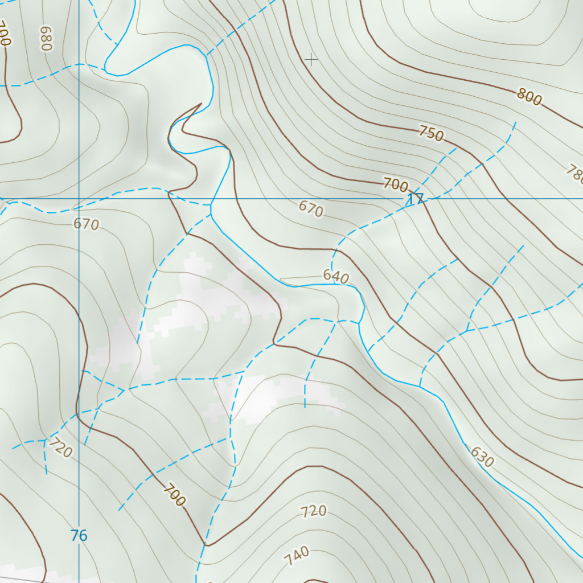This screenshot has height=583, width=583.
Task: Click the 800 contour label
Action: coord(529,97)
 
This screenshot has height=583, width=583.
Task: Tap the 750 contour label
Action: coord(430,133)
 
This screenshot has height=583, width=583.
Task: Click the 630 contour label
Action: coord(482,457)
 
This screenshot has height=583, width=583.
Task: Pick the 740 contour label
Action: coord(298,556)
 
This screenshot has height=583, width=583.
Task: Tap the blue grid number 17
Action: coord(415,199)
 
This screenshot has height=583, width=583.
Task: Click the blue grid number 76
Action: coord(79,535)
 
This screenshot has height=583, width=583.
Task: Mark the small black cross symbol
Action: coord(311,59)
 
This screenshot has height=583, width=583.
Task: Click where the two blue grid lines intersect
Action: coord(79,199)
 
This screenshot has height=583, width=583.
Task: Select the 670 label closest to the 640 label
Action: coord(311,209)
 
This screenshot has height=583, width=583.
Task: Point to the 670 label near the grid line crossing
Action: coord(86,224)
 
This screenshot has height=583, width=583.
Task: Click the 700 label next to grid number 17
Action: coord(396,184)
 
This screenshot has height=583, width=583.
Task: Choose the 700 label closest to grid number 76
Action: coord(174,495)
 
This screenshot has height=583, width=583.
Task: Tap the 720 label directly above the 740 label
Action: coord(314,511)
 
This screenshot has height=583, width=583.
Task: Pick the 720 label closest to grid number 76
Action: coord(60,448)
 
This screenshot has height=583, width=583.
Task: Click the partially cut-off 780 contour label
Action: coord(575,174)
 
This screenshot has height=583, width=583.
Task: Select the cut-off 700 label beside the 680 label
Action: coord(5,34)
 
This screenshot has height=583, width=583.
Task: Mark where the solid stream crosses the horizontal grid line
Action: coord(212,199)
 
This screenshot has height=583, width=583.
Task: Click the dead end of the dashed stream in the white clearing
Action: coord(305,407)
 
